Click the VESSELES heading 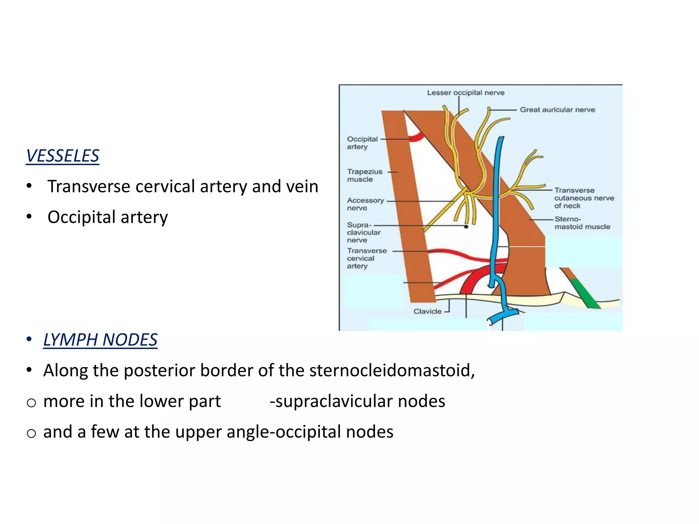point(62,156)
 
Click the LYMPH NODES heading point(100,340)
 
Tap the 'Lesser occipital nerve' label point(466,92)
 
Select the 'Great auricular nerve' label point(557,110)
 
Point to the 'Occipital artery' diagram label point(362,143)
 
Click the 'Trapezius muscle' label point(365,175)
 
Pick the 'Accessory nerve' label point(365,204)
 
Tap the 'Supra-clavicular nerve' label point(363,232)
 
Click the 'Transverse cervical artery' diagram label point(367,258)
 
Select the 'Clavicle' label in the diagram point(427,311)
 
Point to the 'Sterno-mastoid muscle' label point(582,223)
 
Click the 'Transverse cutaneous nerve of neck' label point(584,198)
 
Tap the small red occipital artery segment point(417,137)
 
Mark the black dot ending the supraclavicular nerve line point(466,227)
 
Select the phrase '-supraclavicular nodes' point(357,401)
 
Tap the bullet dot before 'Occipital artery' point(29,217)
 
